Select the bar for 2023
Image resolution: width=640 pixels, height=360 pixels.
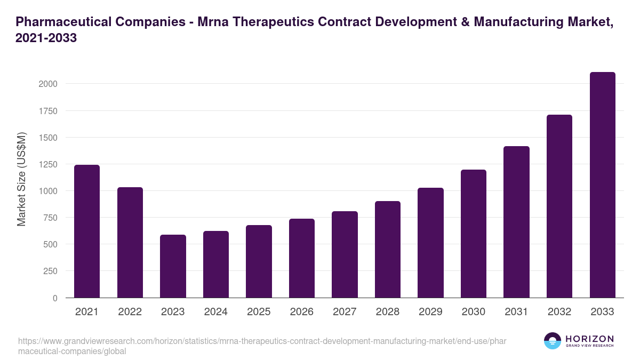click(x=173, y=266)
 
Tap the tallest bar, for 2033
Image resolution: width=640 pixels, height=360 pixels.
click(x=603, y=185)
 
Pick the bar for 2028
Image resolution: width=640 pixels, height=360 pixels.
click(x=388, y=249)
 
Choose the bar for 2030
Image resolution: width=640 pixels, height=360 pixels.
click(x=474, y=234)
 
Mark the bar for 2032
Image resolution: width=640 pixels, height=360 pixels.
click(x=559, y=206)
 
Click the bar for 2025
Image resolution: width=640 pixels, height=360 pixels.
click(x=259, y=261)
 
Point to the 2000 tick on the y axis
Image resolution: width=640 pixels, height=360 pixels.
click(x=47, y=84)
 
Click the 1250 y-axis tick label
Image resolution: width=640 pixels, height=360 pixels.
click(x=47, y=164)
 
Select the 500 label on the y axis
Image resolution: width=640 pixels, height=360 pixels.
click(x=50, y=244)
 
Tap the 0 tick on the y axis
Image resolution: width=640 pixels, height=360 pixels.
click(x=54, y=298)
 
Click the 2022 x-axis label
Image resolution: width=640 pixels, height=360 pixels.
click(x=130, y=312)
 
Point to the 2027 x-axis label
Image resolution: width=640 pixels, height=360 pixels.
click(x=345, y=312)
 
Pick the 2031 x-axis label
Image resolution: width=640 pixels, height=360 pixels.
click(x=516, y=312)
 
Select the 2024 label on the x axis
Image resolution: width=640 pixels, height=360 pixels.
click(x=215, y=312)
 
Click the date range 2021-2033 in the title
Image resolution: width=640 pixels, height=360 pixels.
click(x=46, y=38)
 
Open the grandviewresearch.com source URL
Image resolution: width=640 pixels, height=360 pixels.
click(x=254, y=346)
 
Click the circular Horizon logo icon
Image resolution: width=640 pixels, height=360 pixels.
click(x=552, y=341)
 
